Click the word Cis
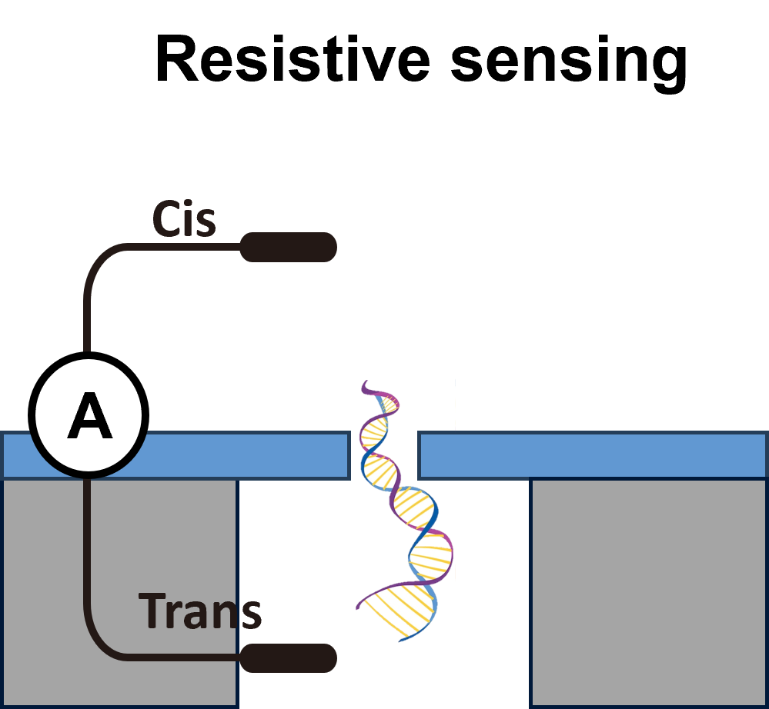click(x=184, y=220)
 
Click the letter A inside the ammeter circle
click(x=89, y=416)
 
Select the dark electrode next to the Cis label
click(x=289, y=247)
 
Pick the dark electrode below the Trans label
click(x=289, y=658)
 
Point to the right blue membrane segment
click(x=593, y=455)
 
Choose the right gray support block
click(x=649, y=592)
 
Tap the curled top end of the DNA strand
click(x=366, y=384)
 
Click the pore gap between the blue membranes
click(x=384, y=455)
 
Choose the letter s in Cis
click(x=205, y=224)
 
